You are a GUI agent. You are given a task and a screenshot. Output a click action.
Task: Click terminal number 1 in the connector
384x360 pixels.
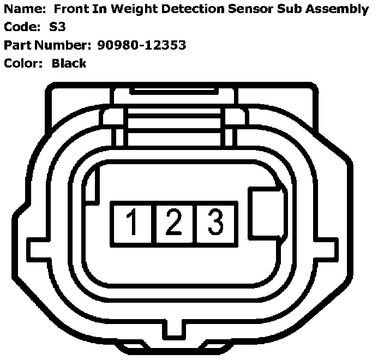tap(132, 223)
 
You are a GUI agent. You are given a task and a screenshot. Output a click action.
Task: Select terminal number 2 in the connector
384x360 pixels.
tap(174, 223)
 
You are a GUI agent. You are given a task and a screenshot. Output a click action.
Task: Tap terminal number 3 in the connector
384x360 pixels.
tap(215, 223)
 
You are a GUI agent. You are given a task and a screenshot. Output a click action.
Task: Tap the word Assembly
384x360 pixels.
tap(339, 9)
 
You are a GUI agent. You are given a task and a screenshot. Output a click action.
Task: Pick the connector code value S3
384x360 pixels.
tap(57, 27)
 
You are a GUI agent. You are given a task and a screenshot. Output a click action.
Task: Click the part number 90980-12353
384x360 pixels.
tap(142, 45)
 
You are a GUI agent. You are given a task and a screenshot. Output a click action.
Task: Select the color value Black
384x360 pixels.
tap(69, 63)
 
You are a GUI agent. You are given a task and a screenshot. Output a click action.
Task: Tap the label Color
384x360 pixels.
tap(22, 63)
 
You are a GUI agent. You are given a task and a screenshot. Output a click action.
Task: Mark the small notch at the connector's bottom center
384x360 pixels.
tap(174, 329)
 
